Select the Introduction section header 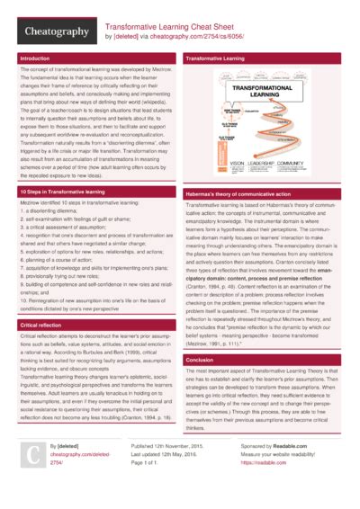click(35, 58)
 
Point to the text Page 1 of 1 click(149, 461)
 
